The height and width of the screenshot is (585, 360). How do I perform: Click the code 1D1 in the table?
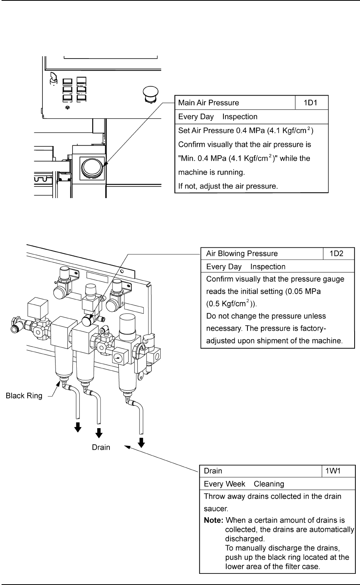pos(311,103)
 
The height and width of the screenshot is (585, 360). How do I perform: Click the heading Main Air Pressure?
pos(209,103)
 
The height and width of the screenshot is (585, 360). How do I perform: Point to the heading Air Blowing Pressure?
pos(242,254)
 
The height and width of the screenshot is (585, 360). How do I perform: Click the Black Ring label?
pos(24,396)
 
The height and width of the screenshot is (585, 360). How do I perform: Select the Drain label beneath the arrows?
pos(101,447)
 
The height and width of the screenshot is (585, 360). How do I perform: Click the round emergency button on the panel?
pos(149,92)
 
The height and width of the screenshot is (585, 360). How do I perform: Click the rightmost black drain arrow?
pos(142,442)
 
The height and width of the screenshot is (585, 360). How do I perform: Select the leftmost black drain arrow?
pos(78,427)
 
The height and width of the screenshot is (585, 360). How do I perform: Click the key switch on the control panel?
pos(52,79)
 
